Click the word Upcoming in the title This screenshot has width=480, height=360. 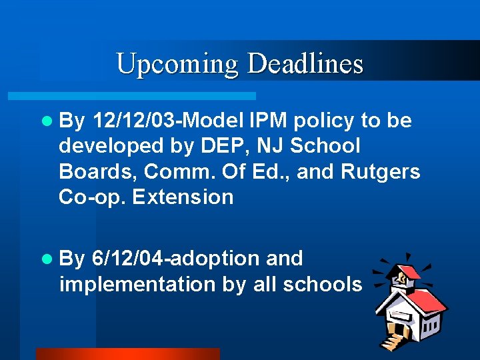(x=177, y=64)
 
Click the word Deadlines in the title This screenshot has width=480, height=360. (x=305, y=64)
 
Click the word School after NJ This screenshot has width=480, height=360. (x=326, y=146)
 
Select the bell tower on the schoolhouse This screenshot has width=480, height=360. (x=404, y=273)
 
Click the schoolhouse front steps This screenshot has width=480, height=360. (x=391, y=340)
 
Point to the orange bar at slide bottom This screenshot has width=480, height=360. (x=127, y=354)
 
